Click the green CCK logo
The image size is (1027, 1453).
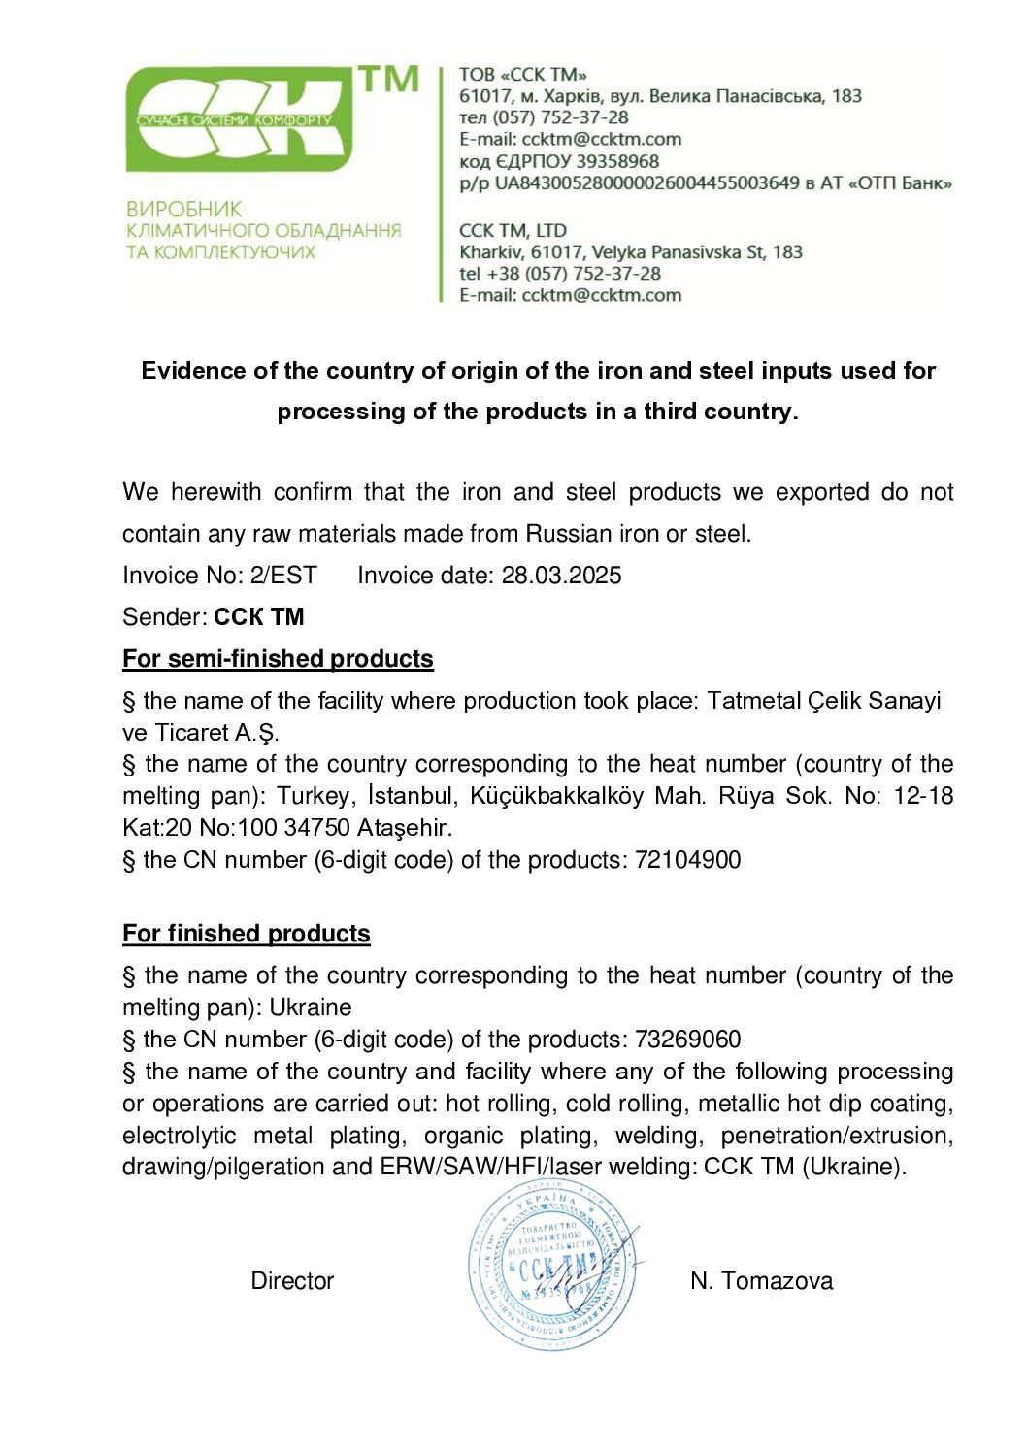tap(243, 118)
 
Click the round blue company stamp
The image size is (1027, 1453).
tap(553, 1265)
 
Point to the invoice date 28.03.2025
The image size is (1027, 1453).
tap(561, 576)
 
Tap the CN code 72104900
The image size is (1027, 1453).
tap(687, 860)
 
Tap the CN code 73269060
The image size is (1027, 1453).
tap(687, 1040)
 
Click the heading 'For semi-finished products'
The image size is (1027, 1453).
tap(278, 659)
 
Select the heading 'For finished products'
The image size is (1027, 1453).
tap(247, 934)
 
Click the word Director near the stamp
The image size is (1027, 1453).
tap(292, 1281)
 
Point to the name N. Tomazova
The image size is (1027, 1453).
tap(761, 1281)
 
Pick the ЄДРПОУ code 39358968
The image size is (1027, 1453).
tap(617, 161)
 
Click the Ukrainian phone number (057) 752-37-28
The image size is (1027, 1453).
tap(560, 117)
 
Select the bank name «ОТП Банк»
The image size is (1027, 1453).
tap(900, 182)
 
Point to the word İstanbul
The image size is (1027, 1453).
tap(411, 796)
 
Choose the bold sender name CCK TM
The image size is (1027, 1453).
tap(259, 617)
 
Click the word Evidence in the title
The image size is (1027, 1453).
tap(193, 371)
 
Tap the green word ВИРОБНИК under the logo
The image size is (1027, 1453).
tap(184, 209)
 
